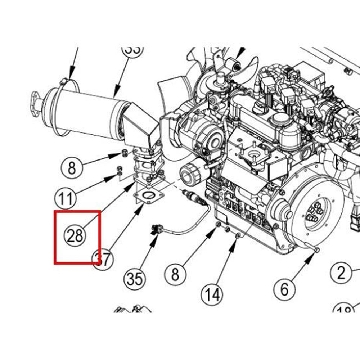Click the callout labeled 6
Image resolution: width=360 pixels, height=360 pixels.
click(284, 289)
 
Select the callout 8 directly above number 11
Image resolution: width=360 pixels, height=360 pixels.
click(72, 168)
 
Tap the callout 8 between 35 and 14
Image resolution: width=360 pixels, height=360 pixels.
click(175, 274)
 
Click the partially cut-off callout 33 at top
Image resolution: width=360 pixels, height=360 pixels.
click(132, 50)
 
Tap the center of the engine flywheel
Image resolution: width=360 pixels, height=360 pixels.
click(312, 215)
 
